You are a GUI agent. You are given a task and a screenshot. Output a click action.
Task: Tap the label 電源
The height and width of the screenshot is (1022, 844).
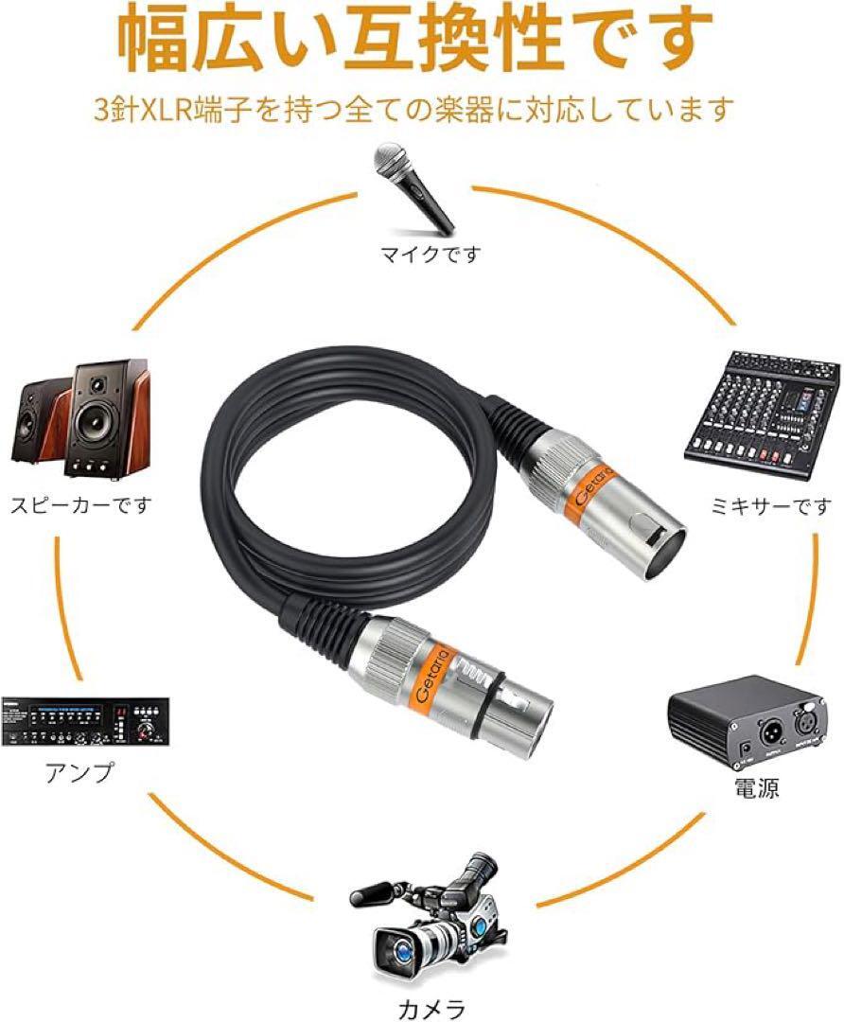(756, 788)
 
